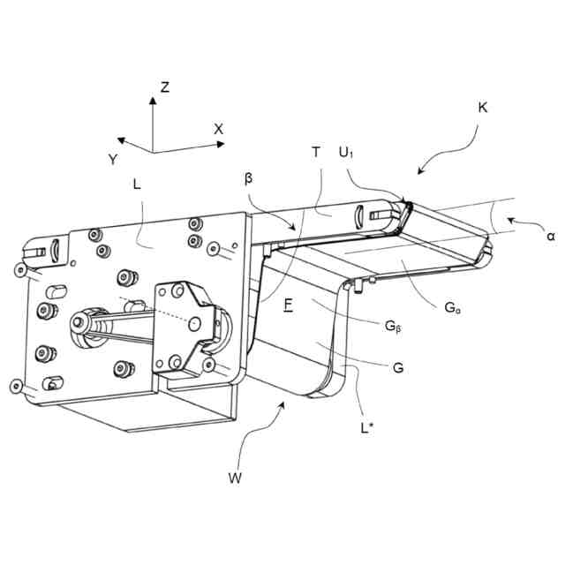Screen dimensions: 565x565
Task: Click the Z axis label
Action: pos(165,87)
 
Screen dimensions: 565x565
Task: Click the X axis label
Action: pos(219,129)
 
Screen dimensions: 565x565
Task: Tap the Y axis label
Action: pos(113,159)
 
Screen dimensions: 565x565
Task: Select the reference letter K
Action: pos(482,107)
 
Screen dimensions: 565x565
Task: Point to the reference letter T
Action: pos(315,152)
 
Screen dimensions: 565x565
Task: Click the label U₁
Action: pos(347,152)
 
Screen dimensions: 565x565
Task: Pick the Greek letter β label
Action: pos(248,178)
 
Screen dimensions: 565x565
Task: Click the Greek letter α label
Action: pos(550,237)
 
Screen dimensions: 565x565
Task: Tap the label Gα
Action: pos(451,308)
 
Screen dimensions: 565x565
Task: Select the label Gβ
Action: pos(394,326)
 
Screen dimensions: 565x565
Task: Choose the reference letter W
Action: pos(235,479)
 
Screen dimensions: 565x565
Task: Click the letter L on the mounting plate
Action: pos(137,185)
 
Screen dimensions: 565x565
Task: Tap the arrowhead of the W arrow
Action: pos(282,404)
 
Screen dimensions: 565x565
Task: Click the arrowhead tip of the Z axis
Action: pos(153,99)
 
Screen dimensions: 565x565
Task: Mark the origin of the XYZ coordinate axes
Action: pos(153,152)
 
